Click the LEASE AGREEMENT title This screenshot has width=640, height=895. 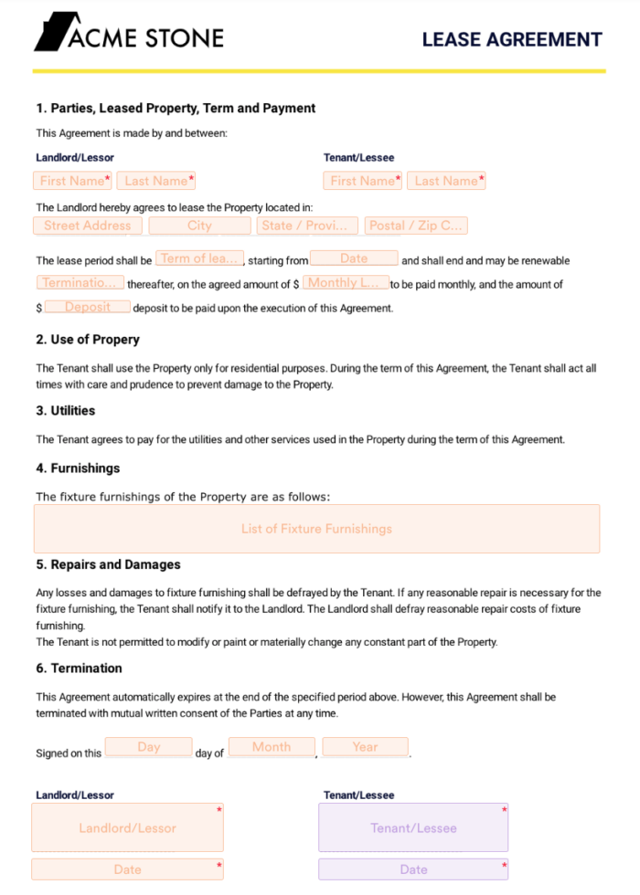click(x=512, y=39)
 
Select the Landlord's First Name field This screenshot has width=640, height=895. click(x=73, y=181)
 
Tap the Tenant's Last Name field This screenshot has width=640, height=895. click(x=446, y=181)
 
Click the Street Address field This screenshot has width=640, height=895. click(x=88, y=226)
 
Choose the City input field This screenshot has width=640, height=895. click(x=199, y=226)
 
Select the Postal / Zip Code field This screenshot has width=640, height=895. click(x=416, y=226)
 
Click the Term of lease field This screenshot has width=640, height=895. click(x=200, y=259)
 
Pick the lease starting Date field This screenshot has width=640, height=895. click(x=354, y=259)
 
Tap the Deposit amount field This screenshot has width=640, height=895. click(x=88, y=308)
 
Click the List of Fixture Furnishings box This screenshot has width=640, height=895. click(x=316, y=529)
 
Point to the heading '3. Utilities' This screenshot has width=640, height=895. click(x=66, y=411)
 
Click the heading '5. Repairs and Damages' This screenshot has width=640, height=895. click(x=109, y=564)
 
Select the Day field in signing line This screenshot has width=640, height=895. click(x=149, y=747)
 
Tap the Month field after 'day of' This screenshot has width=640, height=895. click(x=272, y=747)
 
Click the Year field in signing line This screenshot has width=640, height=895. click(x=365, y=747)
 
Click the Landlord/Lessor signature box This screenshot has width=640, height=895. click(x=127, y=828)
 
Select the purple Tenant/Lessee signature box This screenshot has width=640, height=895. click(x=413, y=828)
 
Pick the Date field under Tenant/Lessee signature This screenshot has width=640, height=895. click(x=413, y=869)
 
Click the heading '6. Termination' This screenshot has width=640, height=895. click(x=80, y=669)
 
